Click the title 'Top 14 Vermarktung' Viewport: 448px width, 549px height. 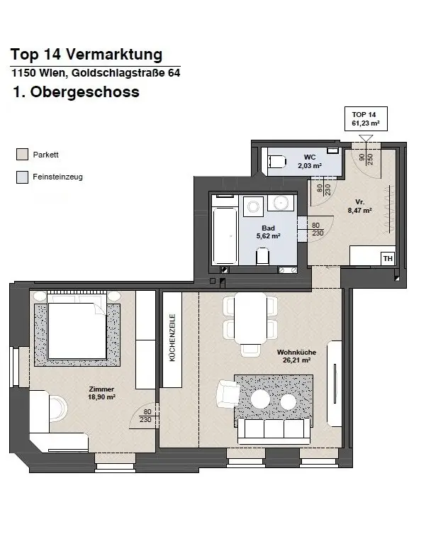[x=86, y=55]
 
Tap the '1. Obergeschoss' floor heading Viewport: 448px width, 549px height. [x=75, y=93]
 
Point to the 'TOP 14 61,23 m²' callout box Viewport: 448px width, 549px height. [x=365, y=118]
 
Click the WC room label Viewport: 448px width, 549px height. [x=309, y=161]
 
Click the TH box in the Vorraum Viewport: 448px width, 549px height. [x=388, y=259]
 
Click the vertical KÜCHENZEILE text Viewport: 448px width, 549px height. [x=172, y=338]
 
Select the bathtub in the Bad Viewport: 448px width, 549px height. [x=226, y=234]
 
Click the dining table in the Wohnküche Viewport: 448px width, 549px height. [x=250, y=318]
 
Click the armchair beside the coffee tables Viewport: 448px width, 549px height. [x=228, y=392]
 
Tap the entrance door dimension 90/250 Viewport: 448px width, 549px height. [x=366, y=157]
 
